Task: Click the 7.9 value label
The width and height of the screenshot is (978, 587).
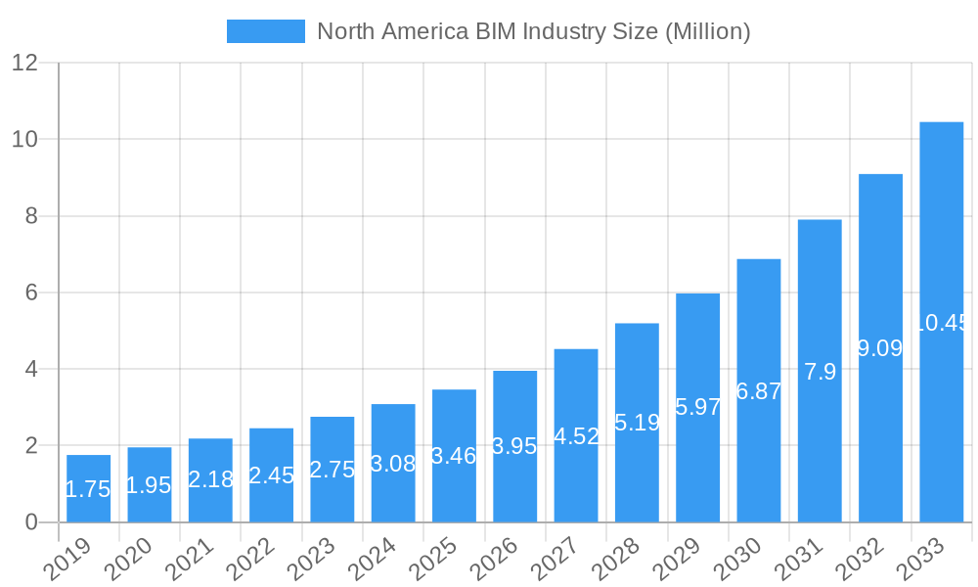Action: point(820,372)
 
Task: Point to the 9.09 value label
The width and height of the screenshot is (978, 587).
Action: point(880,347)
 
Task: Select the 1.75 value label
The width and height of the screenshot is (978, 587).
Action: point(88,489)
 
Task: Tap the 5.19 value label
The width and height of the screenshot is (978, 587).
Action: point(637,423)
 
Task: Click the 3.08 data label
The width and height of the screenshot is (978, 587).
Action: point(393,464)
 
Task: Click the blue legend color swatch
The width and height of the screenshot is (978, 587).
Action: point(265,31)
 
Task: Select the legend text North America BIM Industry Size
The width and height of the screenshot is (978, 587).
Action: point(533,31)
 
